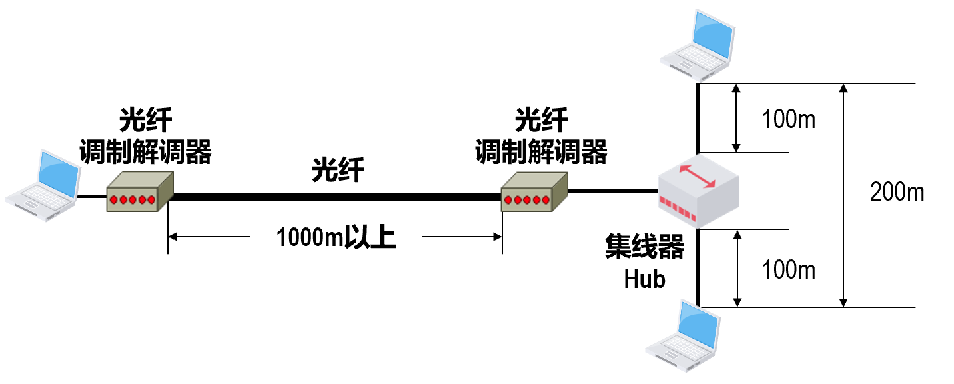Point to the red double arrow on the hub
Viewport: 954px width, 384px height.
point(697,176)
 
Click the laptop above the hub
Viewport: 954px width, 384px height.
point(696,40)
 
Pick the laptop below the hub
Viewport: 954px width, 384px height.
point(686,333)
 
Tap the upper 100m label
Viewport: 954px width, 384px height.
point(789,120)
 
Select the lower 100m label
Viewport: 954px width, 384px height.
point(789,270)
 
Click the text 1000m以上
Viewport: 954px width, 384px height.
point(336,237)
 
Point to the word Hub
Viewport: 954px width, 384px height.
point(644,279)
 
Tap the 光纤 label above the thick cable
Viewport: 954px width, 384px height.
point(338,170)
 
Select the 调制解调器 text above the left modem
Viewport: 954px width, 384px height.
point(145,151)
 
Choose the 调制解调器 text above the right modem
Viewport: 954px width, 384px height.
point(540,151)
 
